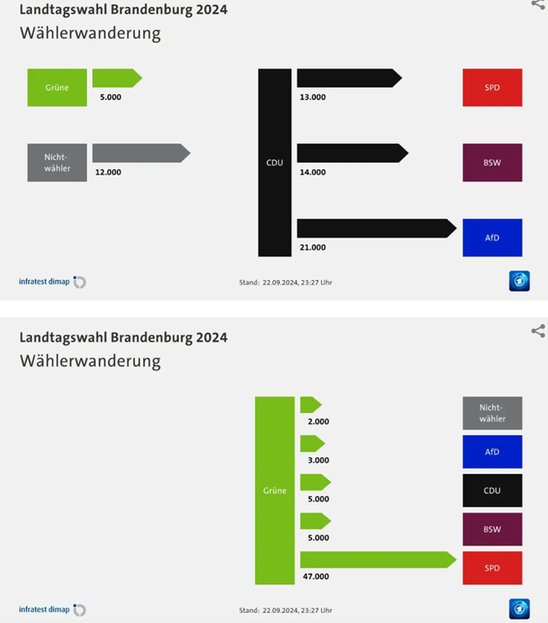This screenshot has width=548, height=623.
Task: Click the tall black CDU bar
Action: tap(275, 162)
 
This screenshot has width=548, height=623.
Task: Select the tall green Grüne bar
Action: tap(275, 490)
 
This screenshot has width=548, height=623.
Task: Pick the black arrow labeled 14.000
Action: tap(351, 153)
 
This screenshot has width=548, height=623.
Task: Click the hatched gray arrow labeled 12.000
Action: tap(139, 153)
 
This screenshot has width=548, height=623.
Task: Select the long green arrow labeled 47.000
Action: tap(376, 560)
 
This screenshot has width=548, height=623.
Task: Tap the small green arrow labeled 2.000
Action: tap(309, 405)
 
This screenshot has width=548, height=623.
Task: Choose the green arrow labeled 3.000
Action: tap(311, 443)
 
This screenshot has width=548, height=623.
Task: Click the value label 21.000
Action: tap(312, 248)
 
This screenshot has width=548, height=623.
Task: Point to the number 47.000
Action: tap(315, 577)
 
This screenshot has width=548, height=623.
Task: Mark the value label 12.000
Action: tap(108, 173)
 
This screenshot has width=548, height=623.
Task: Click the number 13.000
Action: tap(312, 97)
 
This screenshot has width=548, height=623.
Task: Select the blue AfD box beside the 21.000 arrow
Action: tap(492, 238)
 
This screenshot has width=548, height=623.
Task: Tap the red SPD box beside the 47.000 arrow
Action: tap(492, 568)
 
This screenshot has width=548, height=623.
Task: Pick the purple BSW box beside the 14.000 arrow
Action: tap(492, 163)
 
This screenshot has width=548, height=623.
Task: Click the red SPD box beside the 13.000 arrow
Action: tap(492, 88)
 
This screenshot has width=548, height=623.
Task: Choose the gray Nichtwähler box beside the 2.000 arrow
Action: tap(492, 413)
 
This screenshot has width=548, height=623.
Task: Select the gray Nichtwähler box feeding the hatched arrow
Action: tap(56, 163)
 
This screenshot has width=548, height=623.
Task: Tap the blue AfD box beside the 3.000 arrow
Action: tap(492, 452)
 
